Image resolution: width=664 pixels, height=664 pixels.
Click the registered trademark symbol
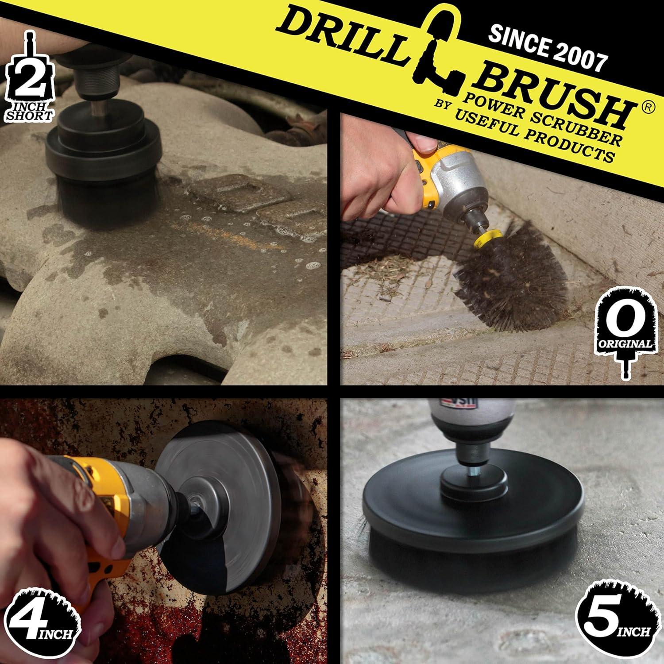tap(647, 108)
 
